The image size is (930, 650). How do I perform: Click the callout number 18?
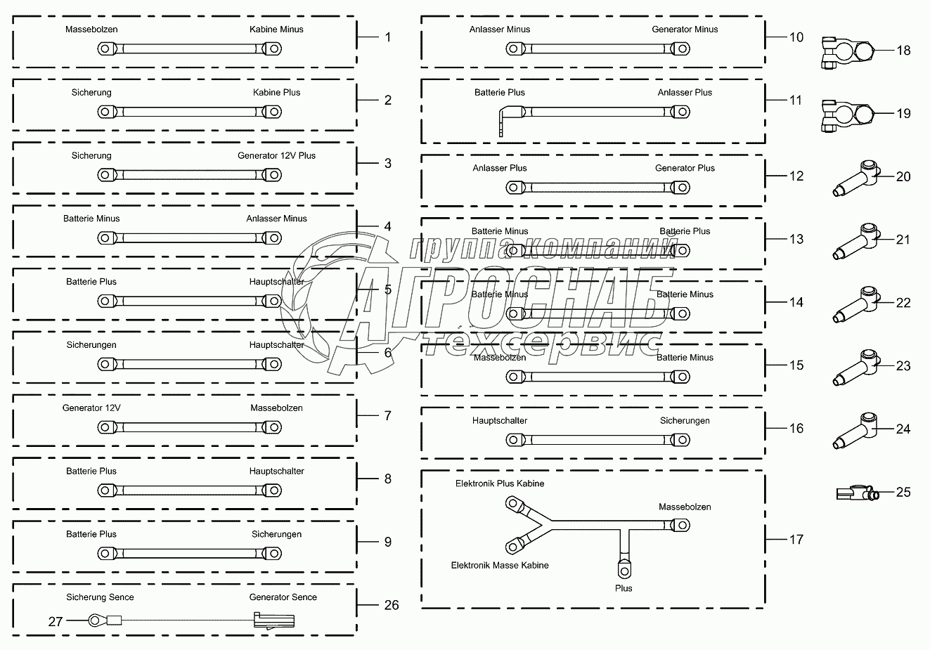pos(903,51)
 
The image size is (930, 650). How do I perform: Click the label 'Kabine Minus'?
pos(276,30)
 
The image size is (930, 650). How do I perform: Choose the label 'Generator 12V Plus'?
pos(276,156)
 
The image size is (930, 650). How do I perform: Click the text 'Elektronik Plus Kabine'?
pos(500,483)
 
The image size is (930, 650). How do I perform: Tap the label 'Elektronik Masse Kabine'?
pos(500,565)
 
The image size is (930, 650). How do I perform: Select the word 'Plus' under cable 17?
pos(624,588)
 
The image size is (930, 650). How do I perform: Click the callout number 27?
pos(56,621)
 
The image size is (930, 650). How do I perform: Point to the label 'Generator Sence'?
pos(283,597)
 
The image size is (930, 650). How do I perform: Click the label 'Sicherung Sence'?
pos(100,597)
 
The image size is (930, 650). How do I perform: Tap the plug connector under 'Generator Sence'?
pos(273,620)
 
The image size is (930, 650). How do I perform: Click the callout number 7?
pos(387,416)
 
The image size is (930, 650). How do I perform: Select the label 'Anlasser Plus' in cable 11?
pos(685,93)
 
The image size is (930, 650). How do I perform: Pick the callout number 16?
pos(796,429)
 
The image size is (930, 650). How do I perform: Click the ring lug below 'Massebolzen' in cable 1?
pos(106,48)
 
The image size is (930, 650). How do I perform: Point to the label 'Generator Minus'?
pos(685,30)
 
